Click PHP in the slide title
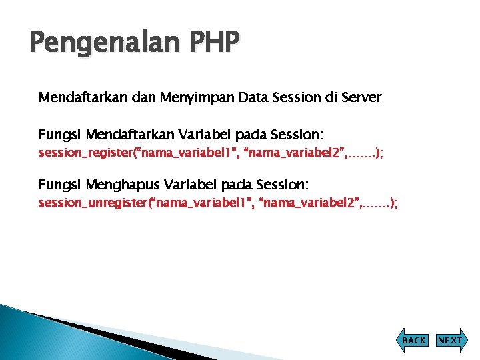click(212, 43)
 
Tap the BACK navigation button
click(414, 340)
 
